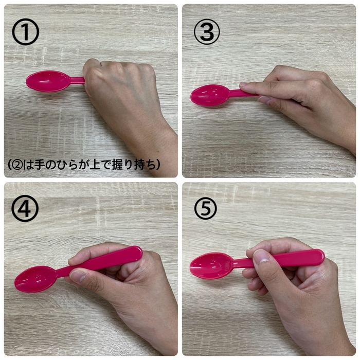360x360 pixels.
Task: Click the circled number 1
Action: click(26, 32)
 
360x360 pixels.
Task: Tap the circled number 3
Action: click(207, 32)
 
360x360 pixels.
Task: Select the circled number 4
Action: click(25, 208)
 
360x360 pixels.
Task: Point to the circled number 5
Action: click(206, 208)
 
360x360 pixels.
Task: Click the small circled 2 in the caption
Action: click(17, 165)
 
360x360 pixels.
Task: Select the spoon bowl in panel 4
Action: click(35, 279)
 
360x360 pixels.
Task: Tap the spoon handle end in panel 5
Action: click(320, 256)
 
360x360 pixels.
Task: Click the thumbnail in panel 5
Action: click(260, 257)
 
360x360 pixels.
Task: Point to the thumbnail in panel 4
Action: click(78, 276)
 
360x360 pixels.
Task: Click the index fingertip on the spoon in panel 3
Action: click(244, 85)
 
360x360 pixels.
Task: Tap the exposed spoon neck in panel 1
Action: click(77, 80)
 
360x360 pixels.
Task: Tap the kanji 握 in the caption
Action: click(118, 165)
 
